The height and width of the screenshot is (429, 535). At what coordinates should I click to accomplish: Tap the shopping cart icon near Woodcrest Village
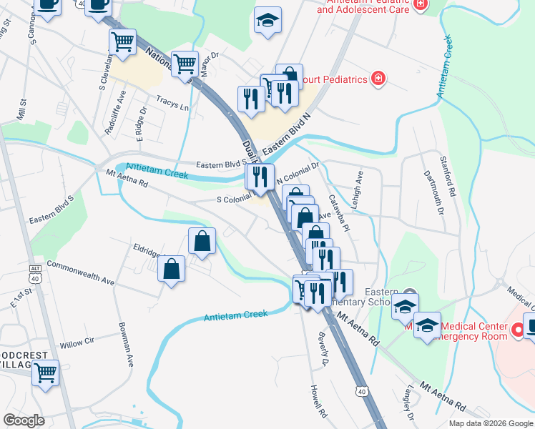pos(46,373)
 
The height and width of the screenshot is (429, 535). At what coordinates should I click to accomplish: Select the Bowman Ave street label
pos(127,350)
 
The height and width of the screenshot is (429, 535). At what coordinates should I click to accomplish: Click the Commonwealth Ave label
pos(81,273)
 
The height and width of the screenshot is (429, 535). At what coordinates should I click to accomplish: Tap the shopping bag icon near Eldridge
pos(172,270)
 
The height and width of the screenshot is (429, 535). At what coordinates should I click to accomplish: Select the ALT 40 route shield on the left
pos(35,270)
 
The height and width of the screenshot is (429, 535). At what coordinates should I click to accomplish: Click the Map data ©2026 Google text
pos(490,423)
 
